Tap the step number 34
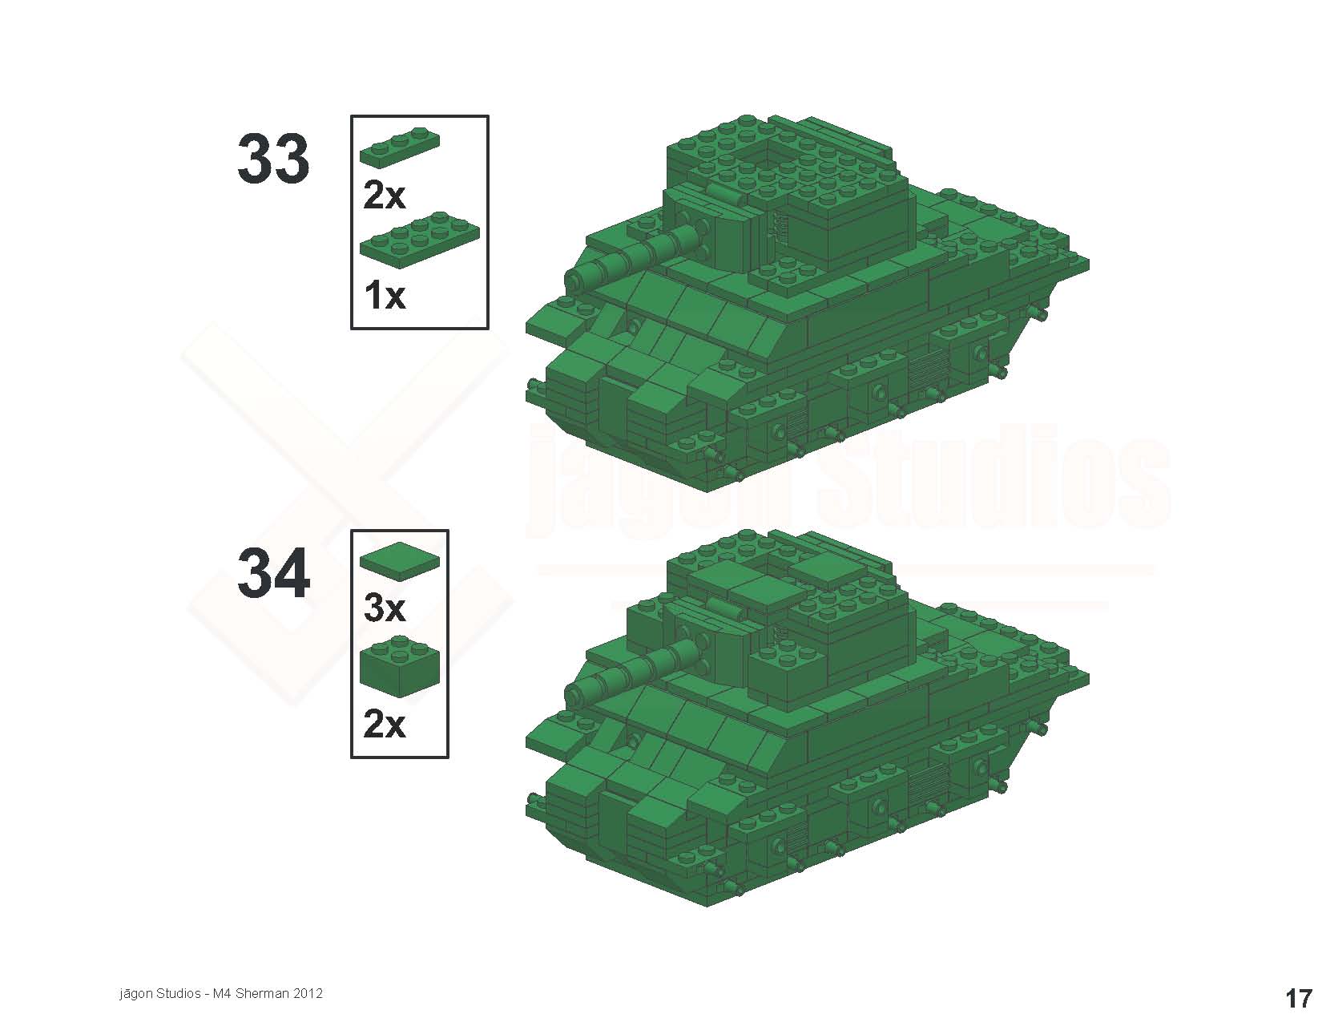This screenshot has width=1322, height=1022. coord(273,573)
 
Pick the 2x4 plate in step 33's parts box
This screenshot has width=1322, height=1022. coord(419,240)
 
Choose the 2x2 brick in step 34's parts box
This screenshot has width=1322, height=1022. coord(400,666)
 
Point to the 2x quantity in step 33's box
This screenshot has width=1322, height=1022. coord(384,196)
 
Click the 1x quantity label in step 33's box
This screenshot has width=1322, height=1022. coord(384,296)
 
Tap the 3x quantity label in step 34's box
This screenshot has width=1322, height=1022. coord(384,608)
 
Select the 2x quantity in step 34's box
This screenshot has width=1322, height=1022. coord(384,725)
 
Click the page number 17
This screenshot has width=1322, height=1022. coord(1298,999)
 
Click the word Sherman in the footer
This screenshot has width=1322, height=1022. coord(262,993)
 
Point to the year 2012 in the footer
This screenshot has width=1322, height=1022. coord(308,993)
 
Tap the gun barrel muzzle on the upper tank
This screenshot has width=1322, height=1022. coord(575,279)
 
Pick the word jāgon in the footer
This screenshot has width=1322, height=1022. coord(135,994)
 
